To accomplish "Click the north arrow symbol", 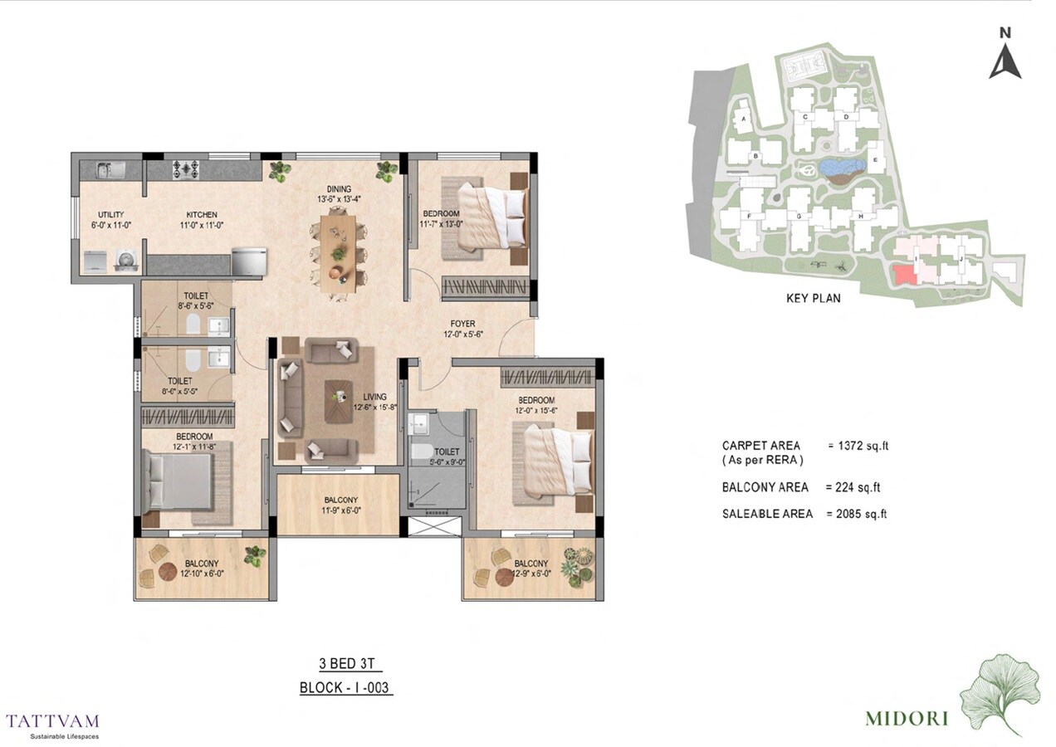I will (1005, 58).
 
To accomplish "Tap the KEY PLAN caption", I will (813, 298).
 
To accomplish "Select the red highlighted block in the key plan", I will (905, 275).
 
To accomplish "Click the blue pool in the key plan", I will (840, 168).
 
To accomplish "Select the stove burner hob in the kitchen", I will (188, 169).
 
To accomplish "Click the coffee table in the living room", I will (338, 403).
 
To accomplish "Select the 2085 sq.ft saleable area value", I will (857, 514).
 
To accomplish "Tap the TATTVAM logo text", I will (51, 720).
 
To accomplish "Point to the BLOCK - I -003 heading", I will (345, 687).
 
